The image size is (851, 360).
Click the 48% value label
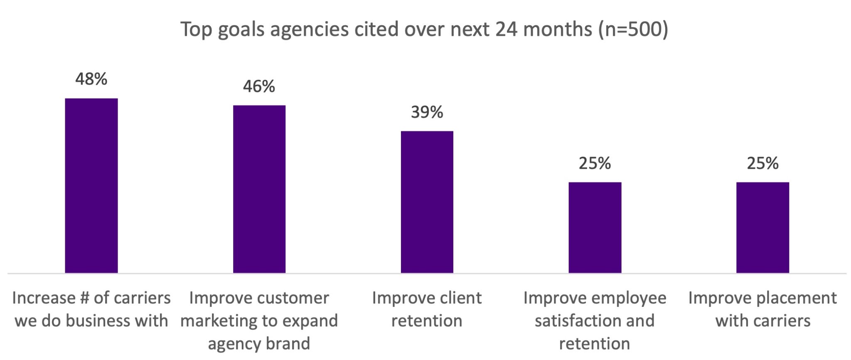[x=91, y=79]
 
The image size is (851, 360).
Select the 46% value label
[x=259, y=86]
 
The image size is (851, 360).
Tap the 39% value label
[x=427, y=112]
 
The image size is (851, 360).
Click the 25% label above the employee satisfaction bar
[x=595, y=163]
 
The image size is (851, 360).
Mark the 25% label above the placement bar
[x=762, y=163]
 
